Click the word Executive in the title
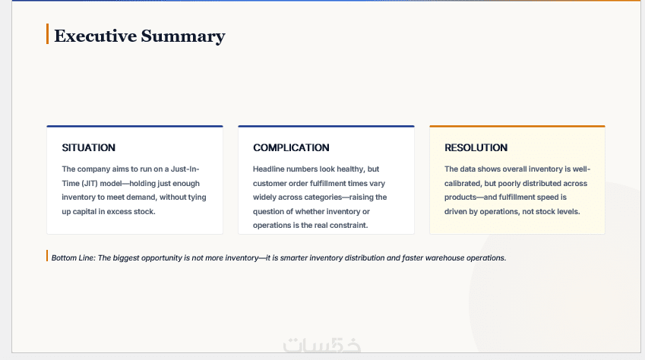96,36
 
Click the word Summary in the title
183,36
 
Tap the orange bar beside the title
47,33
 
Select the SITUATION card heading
88,147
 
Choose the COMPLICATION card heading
291,147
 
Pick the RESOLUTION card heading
476,147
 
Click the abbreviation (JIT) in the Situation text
90,184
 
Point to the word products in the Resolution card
460,197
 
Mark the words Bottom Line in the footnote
73,258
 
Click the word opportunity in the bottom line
161,258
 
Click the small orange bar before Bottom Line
47,255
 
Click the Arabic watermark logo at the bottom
321,346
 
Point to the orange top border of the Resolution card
517,126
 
